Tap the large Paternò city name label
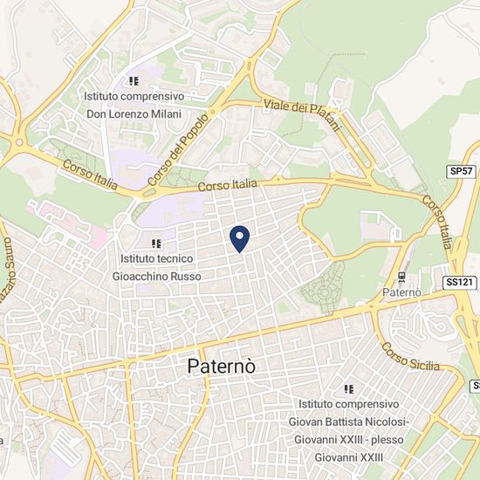tap(222, 367)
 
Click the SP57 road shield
tap(461, 173)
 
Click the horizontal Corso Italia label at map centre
tap(228, 185)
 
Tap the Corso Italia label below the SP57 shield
tap(436, 219)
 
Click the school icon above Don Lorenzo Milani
tap(134, 81)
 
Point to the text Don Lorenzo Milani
tap(134, 113)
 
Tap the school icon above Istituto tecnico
tap(156, 244)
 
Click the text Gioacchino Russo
tap(156, 276)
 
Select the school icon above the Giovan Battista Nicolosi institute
tap(349, 389)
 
